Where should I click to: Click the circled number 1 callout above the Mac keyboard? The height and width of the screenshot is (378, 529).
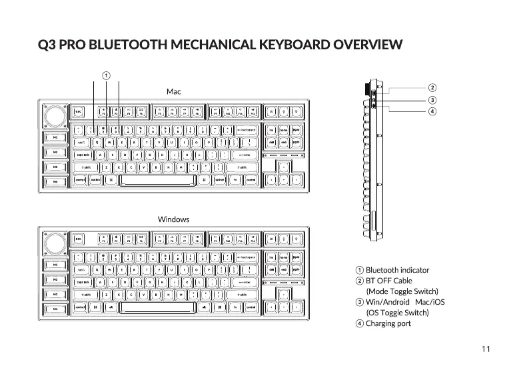105,74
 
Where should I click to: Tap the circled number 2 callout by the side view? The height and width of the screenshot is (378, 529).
432,87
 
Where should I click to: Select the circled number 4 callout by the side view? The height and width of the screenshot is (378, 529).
432,110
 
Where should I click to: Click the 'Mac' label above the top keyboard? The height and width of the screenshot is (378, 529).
173,91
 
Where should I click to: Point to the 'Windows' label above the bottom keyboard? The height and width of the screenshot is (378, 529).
173,219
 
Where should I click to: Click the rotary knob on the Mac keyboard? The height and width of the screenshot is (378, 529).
54,117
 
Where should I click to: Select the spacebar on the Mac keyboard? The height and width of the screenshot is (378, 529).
156,179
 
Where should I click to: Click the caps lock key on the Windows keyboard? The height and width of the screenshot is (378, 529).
83,281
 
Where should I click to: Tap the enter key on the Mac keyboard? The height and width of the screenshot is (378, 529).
244,155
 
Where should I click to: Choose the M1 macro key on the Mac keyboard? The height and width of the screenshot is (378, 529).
54,137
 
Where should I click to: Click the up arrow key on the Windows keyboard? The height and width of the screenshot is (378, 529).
284,294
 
